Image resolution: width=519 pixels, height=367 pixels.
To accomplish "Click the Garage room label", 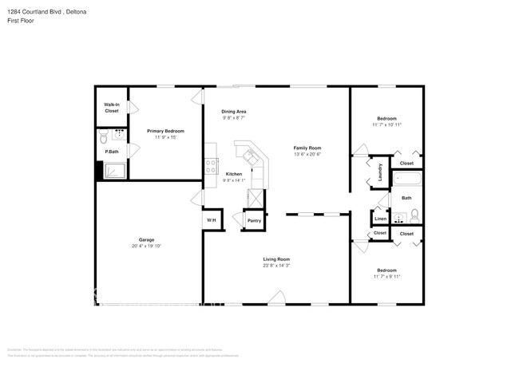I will (x=146, y=239).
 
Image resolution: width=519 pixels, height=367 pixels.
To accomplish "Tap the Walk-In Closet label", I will (x=111, y=108).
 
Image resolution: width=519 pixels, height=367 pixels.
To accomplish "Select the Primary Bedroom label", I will (x=165, y=131).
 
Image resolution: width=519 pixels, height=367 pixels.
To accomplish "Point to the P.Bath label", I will (x=112, y=152).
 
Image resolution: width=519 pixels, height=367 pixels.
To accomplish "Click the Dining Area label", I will (x=233, y=112).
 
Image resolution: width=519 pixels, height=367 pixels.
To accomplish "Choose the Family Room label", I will (x=307, y=148).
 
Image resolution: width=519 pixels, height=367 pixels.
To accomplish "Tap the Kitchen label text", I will (x=234, y=174).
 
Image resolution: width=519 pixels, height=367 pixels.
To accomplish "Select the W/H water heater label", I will (x=212, y=220).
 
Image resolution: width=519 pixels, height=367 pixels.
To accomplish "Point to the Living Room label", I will (x=276, y=259).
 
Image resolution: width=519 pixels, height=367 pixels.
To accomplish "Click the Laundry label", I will (x=380, y=172).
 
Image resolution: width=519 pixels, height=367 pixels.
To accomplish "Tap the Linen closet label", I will (x=380, y=219).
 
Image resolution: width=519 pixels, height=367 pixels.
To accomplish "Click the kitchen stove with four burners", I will (x=212, y=166).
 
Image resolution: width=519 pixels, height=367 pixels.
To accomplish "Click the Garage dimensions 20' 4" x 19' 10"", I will (x=146, y=247).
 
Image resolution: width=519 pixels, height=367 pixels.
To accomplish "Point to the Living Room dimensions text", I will (x=276, y=266).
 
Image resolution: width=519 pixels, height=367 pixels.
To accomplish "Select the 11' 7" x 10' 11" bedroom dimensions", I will (x=386, y=125).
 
